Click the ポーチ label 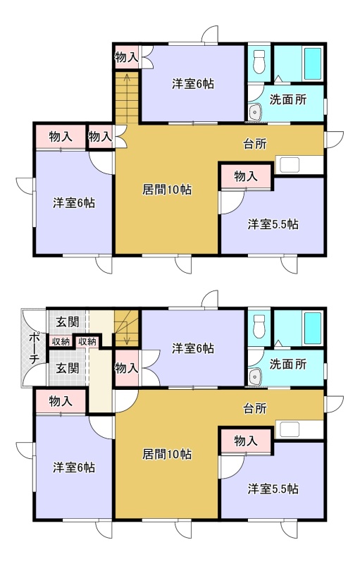click(33, 348)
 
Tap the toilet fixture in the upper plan click(259, 61)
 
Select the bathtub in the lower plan click(313, 327)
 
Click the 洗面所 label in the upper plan click(287, 100)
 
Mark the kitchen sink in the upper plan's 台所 click(290, 165)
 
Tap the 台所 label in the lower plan click(255, 409)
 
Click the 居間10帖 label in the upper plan click(167, 190)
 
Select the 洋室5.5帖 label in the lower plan click(273, 489)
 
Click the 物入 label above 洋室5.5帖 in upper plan click(246, 176)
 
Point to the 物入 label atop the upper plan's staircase click(127, 57)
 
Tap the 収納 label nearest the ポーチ click(61, 341)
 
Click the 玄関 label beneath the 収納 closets click(67, 368)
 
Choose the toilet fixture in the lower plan click(259, 326)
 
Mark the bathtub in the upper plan click(313, 63)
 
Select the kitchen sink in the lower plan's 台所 click(290, 430)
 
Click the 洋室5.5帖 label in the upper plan click(273, 224)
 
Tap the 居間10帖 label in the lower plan click(167, 454)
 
